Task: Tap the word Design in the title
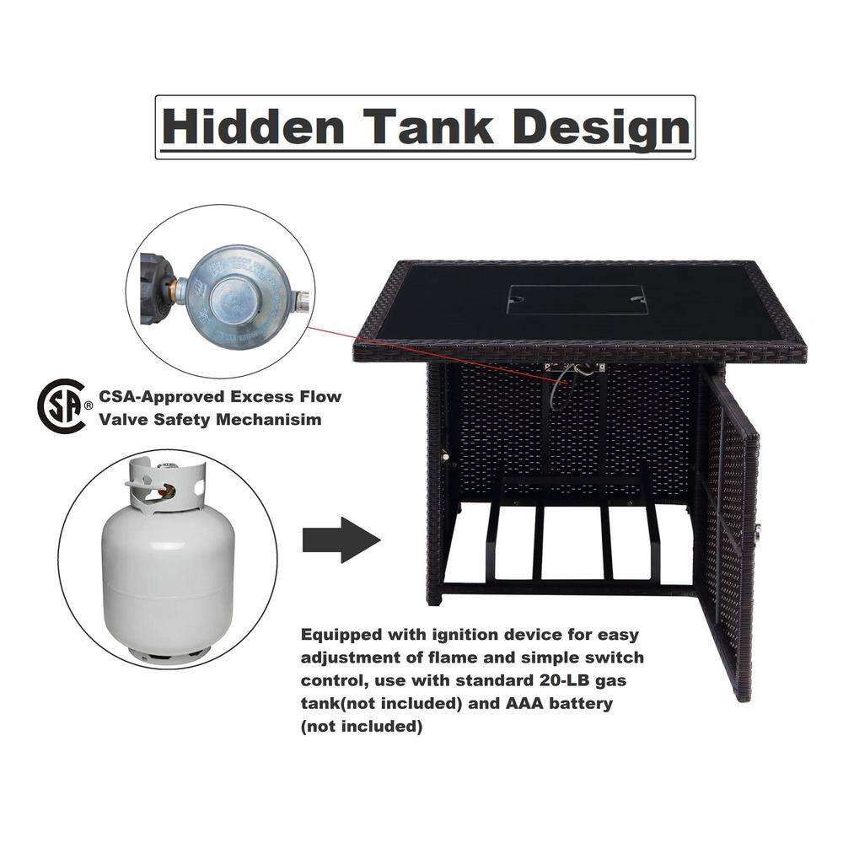[x=600, y=129]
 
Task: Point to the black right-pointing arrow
[x=341, y=540]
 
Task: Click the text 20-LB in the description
[x=564, y=680]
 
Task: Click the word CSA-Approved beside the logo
[x=161, y=397]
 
